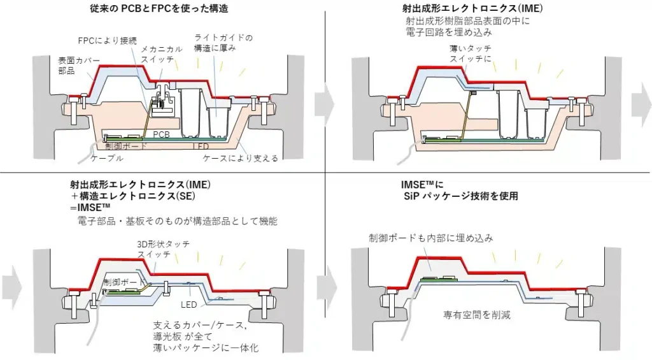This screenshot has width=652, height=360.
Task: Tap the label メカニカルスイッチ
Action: pyautogui.click(x=162, y=54)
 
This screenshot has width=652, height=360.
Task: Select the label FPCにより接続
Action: pyautogui.click(x=107, y=40)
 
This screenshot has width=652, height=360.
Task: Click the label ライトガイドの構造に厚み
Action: pyautogui.click(x=222, y=43)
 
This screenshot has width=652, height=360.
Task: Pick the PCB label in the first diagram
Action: pyautogui.click(x=162, y=135)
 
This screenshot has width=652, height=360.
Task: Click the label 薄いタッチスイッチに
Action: pyautogui.click(x=471, y=54)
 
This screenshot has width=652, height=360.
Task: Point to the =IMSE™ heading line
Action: pyautogui.click(x=91, y=208)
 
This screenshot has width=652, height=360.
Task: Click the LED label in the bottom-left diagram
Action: pyautogui.click(x=188, y=305)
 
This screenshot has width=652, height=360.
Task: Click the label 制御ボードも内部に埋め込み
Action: pyautogui.click(x=431, y=238)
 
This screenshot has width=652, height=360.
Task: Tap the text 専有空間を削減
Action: pyautogui.click(x=477, y=315)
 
